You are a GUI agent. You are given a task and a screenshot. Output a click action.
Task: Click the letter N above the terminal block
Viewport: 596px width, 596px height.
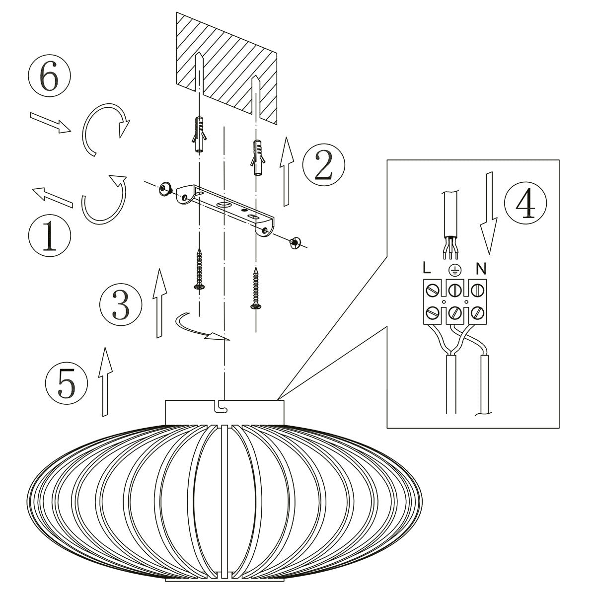(480, 269)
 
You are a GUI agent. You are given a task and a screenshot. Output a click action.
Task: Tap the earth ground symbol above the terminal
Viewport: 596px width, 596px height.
(453, 270)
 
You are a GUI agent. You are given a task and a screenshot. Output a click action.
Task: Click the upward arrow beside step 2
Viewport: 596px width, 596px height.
(286, 171)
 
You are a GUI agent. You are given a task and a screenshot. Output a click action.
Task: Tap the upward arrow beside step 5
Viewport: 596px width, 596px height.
(105, 380)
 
